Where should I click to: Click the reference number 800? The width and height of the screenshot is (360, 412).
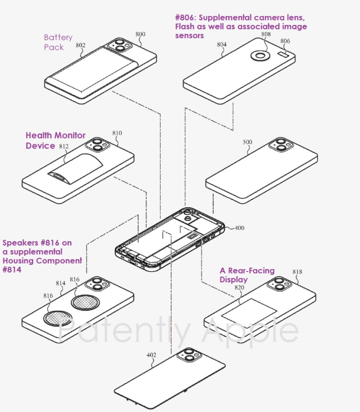click(x=140, y=34)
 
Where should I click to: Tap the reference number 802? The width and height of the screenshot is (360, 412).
click(x=80, y=45)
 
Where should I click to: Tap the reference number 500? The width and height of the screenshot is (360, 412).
click(x=247, y=142)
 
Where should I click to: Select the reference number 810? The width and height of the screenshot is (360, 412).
click(x=117, y=133)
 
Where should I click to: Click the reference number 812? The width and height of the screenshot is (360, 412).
click(x=64, y=146)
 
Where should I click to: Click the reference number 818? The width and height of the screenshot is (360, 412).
click(x=297, y=272)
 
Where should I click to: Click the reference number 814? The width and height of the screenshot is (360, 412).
click(x=61, y=283)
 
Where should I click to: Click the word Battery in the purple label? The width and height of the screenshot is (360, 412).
click(x=58, y=38)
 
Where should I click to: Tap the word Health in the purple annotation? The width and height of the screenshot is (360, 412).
click(x=39, y=135)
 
